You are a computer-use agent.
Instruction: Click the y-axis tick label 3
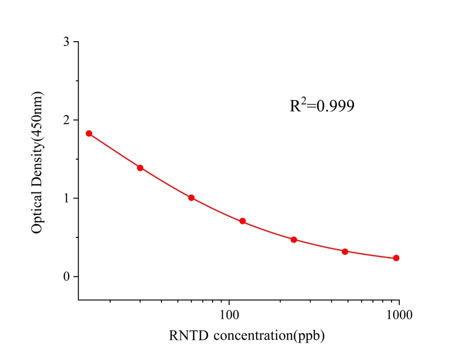(67, 42)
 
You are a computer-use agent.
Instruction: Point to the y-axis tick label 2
(67, 120)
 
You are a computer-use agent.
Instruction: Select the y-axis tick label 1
(67, 199)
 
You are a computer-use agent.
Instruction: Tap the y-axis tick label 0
(67, 277)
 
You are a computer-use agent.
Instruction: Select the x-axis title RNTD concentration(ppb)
(247, 336)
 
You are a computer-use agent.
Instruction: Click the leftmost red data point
(89, 133)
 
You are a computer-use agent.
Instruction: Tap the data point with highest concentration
(396, 258)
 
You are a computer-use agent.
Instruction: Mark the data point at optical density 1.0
(191, 198)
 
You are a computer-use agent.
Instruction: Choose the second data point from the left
(140, 168)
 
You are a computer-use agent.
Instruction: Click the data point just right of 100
(242, 221)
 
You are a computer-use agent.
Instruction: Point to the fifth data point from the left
(294, 240)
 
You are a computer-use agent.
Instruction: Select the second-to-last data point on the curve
(345, 251)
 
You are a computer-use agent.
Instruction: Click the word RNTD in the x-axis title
(185, 336)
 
